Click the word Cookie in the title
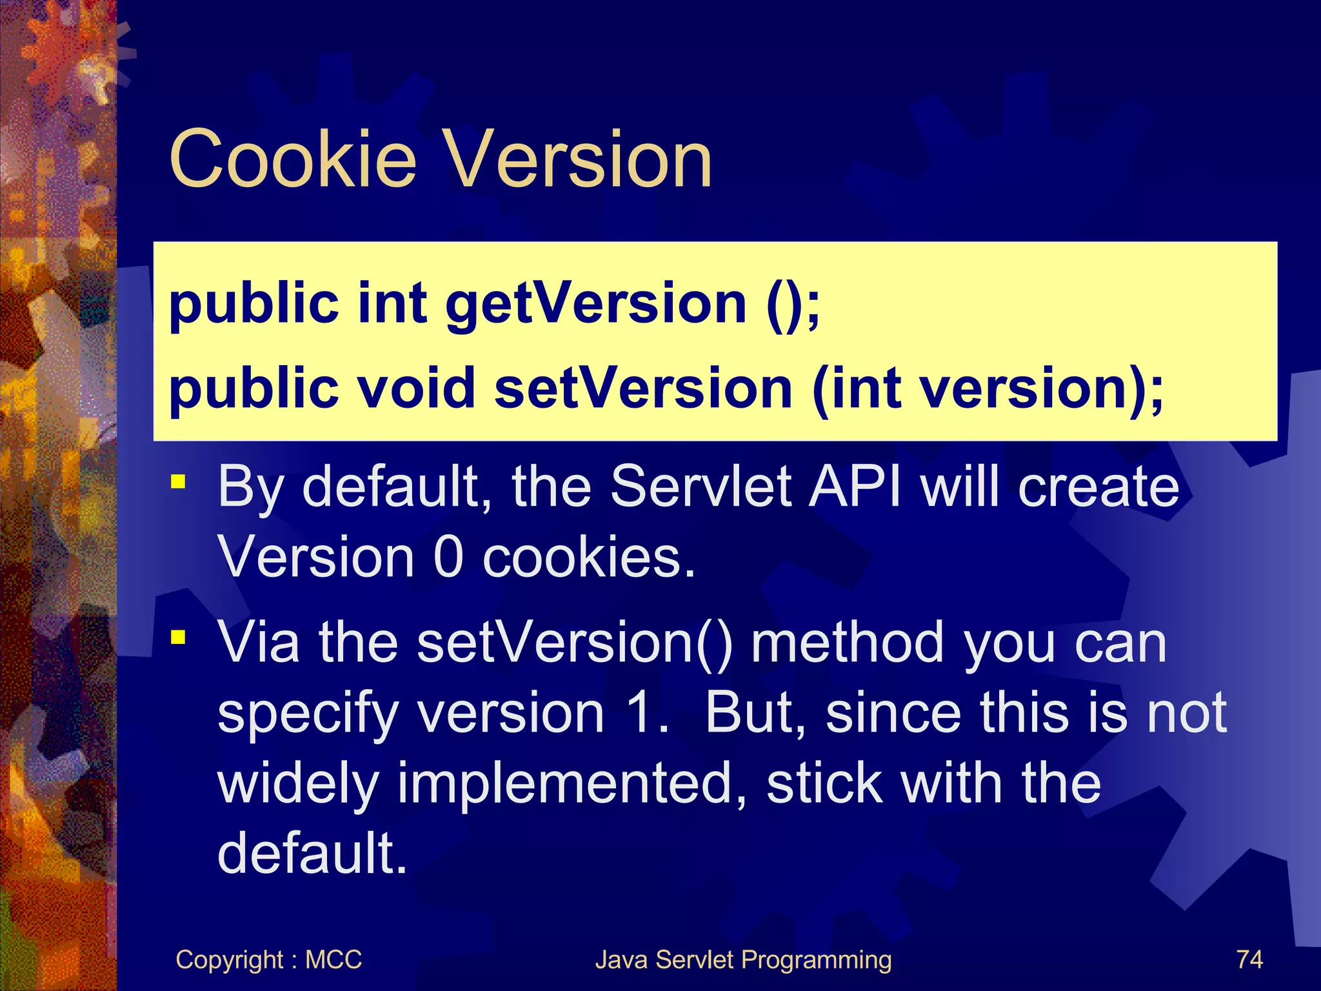coord(293,159)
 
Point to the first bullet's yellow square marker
coord(178,482)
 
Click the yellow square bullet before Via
coord(178,638)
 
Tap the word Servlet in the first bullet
coord(700,486)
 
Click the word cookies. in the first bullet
coord(589,557)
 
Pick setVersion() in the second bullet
coord(575,643)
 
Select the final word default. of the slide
coord(312,853)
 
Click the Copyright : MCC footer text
coord(268,959)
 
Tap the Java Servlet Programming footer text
coord(743,959)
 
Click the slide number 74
coord(1249,959)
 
